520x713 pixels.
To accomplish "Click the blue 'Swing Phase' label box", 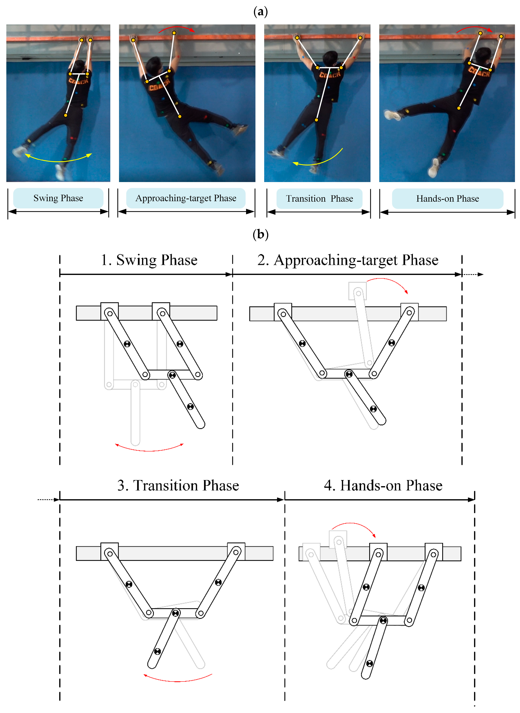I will pyautogui.click(x=58, y=198).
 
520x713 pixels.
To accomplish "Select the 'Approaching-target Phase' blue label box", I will pyautogui.click(x=186, y=198).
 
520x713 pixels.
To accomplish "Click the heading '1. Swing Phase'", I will pyautogui.click(x=149, y=260).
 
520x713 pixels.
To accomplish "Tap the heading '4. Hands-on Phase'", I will pyautogui.click(x=383, y=485).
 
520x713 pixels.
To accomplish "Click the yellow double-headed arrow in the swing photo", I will pyautogui.click(x=58, y=160).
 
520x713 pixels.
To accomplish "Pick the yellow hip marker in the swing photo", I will pyautogui.click(x=65, y=115).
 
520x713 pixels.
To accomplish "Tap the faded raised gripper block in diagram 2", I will pyautogui.click(x=357, y=291).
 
